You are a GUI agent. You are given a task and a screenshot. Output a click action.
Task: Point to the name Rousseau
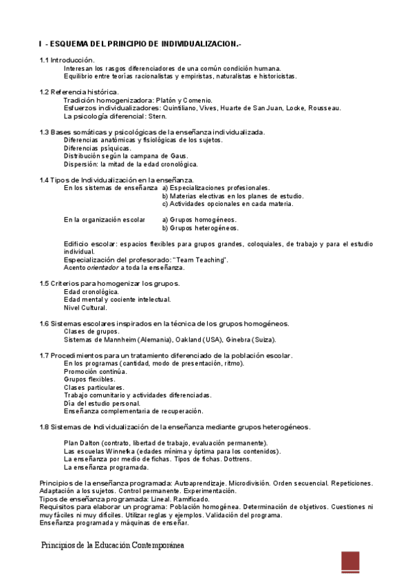(323, 108)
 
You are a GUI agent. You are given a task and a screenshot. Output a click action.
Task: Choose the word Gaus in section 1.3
(178, 156)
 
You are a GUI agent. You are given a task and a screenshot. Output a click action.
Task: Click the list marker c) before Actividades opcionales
(165, 204)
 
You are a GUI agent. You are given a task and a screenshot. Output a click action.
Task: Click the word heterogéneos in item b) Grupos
(217, 228)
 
